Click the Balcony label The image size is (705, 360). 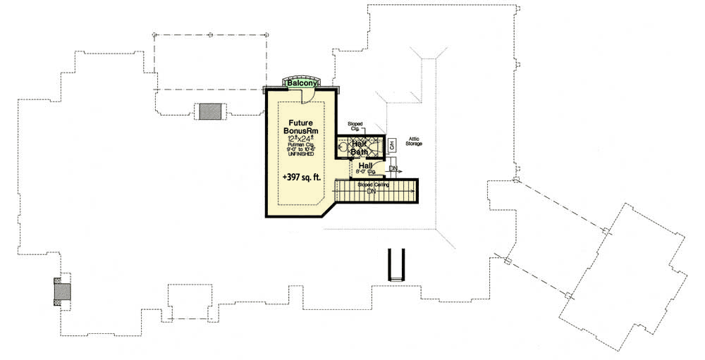(x=302, y=83)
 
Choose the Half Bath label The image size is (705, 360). (x=361, y=147)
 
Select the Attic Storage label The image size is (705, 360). (x=414, y=142)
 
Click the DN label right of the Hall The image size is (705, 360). (x=393, y=169)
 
